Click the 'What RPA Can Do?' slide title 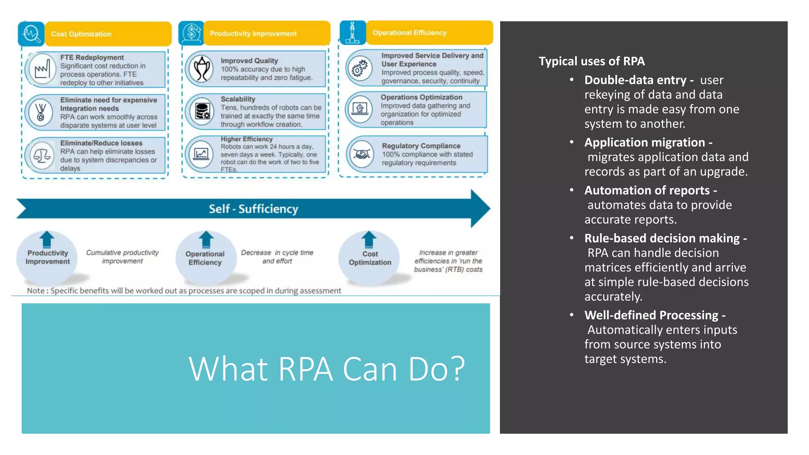pyautogui.click(x=327, y=369)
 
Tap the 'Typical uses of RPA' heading pyautogui.click(x=591, y=61)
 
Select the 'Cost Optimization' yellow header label pyautogui.click(x=81, y=34)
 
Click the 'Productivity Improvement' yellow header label pyautogui.click(x=253, y=34)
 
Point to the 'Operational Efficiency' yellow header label pyautogui.click(x=409, y=33)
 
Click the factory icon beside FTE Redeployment pyautogui.click(x=42, y=70)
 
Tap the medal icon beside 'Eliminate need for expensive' pyautogui.click(x=40, y=112)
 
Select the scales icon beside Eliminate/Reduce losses pyautogui.click(x=42, y=156)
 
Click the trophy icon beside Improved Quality pyautogui.click(x=201, y=69)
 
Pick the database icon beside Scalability pyautogui.click(x=202, y=111)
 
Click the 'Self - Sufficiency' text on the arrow pyautogui.click(x=253, y=209)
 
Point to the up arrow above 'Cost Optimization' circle pyautogui.click(x=369, y=239)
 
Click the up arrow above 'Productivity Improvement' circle pyautogui.click(x=47, y=239)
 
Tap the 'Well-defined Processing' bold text pyautogui.click(x=651, y=315)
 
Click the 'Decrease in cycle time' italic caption pyautogui.click(x=277, y=252)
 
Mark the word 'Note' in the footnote pyautogui.click(x=35, y=291)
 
